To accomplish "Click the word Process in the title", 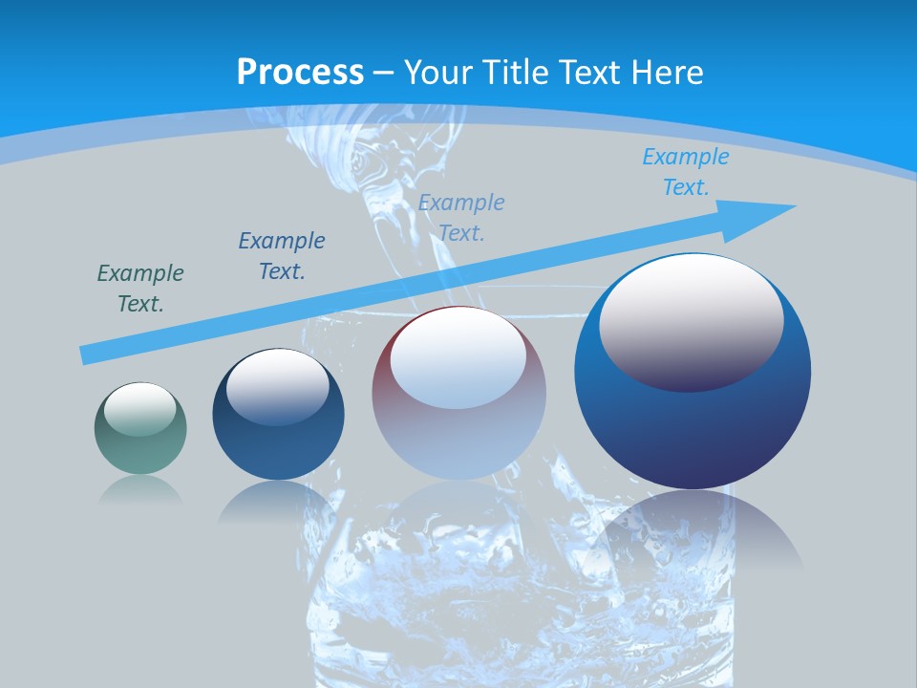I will (x=300, y=73).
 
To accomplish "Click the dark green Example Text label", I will (x=140, y=289).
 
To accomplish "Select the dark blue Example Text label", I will (x=282, y=255).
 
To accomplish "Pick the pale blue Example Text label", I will (x=461, y=217).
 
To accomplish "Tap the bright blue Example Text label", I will (x=686, y=172).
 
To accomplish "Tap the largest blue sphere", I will (x=693, y=430).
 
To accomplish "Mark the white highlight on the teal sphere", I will (x=140, y=408).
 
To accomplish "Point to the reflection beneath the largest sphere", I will (x=693, y=526).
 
